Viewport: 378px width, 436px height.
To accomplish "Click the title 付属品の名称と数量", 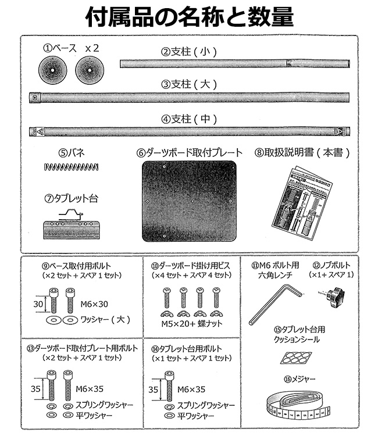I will pyautogui.click(x=189, y=17).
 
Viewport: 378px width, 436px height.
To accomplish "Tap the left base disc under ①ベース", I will pyautogui.click(x=51, y=72).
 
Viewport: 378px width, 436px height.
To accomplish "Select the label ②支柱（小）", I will pyautogui.click(x=190, y=52).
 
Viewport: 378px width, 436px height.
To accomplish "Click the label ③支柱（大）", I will pyautogui.click(x=190, y=85).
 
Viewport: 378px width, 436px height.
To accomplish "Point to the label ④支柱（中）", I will pyautogui.click(x=190, y=119).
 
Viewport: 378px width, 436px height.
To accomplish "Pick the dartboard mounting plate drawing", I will pyautogui.click(x=190, y=201).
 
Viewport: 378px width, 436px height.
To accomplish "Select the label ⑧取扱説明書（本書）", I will pyautogui.click(x=302, y=153).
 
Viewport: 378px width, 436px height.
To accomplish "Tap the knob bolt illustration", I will pyautogui.click(x=331, y=296).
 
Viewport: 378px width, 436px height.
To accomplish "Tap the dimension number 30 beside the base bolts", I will pyautogui.click(x=37, y=302).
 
